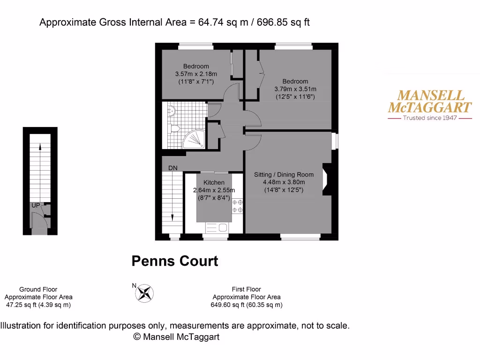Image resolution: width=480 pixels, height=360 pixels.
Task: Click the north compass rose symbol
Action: tap(144, 293)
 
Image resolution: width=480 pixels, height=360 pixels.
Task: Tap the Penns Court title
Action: tap(175, 261)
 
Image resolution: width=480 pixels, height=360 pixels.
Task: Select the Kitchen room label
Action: tap(214, 182)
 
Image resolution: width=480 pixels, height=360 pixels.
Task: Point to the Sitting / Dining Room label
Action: tap(284, 174)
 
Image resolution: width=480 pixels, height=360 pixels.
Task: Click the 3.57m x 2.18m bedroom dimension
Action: tap(196, 74)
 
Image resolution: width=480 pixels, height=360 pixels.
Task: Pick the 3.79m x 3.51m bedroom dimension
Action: tap(295, 89)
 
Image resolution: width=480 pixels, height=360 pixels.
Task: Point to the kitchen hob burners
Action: tap(238, 207)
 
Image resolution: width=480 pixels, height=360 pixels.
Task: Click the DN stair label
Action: tap(173, 168)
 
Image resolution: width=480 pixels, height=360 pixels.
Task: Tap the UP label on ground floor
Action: tap(36, 205)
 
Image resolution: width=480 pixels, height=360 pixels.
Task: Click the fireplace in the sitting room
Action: tap(327, 179)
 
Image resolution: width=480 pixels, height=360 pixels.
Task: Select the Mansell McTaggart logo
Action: tap(430, 101)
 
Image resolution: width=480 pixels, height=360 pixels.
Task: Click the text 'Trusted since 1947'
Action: tap(430, 118)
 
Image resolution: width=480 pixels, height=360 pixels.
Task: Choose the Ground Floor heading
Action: tap(38, 289)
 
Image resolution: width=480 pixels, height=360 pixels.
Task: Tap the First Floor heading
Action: tap(246, 289)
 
